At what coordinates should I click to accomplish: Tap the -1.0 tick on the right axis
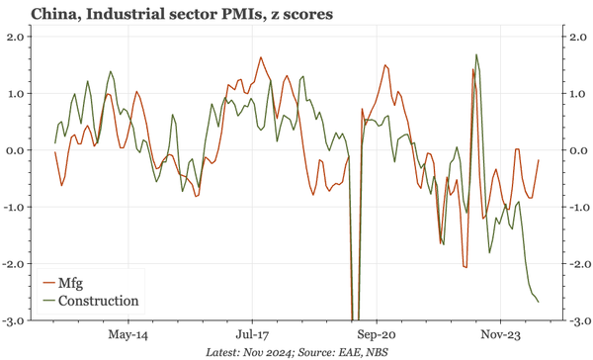572,208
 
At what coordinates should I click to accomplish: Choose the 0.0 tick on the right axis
574,150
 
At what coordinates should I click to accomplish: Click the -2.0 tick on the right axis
572,265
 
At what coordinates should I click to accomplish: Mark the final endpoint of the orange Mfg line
539,160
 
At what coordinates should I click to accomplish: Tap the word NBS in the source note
377,351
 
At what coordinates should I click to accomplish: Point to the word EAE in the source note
346,351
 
